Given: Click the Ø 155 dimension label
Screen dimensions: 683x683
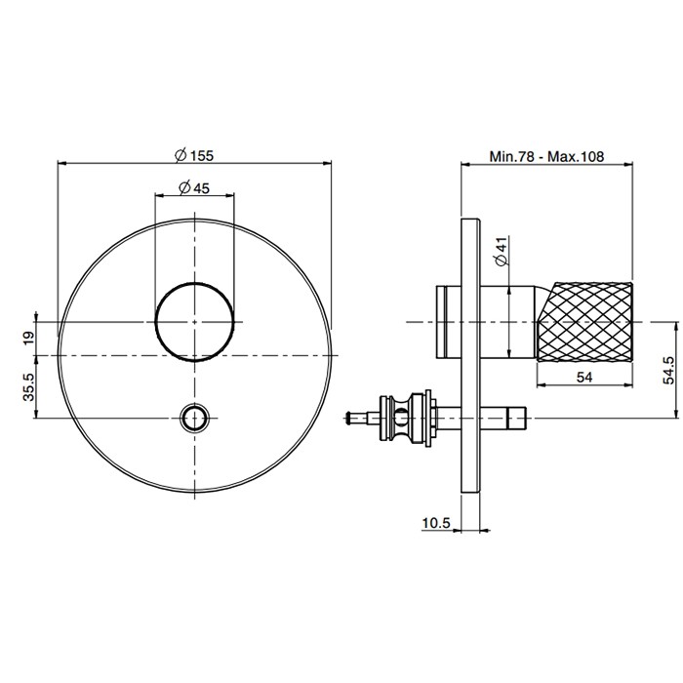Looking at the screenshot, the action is coord(194,155).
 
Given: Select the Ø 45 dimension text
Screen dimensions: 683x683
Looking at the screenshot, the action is coord(194,188).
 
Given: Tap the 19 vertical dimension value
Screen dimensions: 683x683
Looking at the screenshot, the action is coord(28,338).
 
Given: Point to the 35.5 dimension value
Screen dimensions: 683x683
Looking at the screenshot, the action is coord(28,387).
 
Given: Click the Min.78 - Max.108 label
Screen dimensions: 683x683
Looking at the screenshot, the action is coord(546,156).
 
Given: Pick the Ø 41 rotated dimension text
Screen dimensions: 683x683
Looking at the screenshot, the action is coord(502,252).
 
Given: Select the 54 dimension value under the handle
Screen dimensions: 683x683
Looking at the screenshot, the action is coord(584,378).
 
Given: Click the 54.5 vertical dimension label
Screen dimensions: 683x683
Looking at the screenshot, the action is coord(668,370).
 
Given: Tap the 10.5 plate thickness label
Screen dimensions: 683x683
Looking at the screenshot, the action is coord(435,523).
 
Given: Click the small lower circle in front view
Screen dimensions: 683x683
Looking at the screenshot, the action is coord(195,419).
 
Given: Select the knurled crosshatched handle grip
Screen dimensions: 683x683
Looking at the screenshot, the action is coord(585,322).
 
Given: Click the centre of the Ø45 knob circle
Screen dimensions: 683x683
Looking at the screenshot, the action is coord(195,322).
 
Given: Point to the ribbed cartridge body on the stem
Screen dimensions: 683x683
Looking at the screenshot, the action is coord(407,419).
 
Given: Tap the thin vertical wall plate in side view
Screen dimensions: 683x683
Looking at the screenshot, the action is coord(470,355).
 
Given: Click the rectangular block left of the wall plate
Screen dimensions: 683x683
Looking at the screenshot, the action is coord(449,322).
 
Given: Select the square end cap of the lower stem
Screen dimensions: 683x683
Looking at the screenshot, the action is coord(517,419).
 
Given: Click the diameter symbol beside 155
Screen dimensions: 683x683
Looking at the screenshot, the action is coord(181,155).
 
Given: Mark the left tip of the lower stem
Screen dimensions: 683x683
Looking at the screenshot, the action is coord(345,419).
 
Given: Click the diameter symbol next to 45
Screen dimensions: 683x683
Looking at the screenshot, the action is coord(184,188).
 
